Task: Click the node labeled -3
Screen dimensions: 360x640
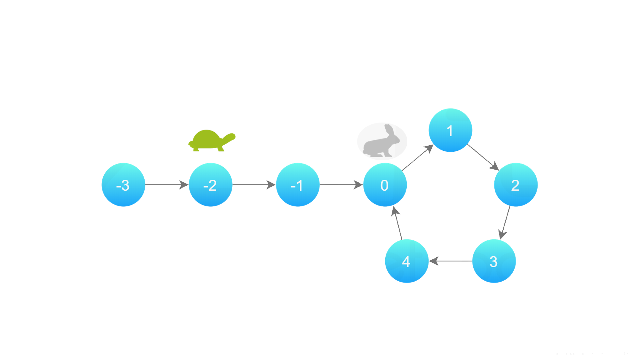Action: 123,185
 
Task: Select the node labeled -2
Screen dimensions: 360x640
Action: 211,185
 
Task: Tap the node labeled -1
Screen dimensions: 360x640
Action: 298,185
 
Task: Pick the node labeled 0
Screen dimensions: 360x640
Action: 385,185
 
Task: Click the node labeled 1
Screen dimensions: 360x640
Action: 450,130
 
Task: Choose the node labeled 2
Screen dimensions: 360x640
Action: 516,185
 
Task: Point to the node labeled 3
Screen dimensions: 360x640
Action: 494,261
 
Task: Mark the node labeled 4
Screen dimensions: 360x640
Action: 407,261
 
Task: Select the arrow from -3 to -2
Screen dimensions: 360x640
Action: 167,185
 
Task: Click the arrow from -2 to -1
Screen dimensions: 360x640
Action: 254,185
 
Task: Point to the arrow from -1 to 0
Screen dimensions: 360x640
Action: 341,185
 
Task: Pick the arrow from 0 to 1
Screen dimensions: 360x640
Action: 417,157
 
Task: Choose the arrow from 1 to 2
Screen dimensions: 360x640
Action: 483,157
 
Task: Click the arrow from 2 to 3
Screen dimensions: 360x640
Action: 505,223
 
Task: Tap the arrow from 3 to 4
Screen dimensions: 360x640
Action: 451,261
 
